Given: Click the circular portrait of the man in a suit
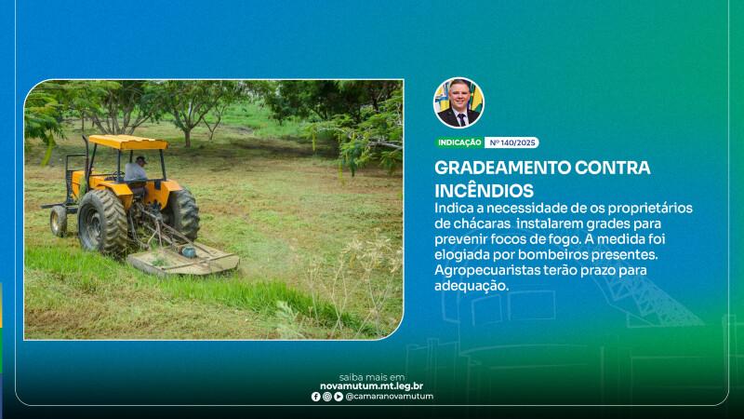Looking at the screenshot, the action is pos(458,102).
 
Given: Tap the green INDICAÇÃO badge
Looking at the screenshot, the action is pos(459,142).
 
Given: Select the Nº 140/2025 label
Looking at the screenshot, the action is pos(512,142).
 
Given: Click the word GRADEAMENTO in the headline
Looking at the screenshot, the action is pos(502,168).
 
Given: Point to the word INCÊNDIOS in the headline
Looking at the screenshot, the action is pos(484,191).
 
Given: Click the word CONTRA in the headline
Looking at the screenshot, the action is pos(613,168).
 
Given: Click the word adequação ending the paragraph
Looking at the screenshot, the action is pos(472,286).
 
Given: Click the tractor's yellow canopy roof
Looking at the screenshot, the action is pos(127,142).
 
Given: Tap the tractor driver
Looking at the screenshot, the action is pos(136,169).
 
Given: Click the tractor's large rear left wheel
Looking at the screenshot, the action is pos(102,221).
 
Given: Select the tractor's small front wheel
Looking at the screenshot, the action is pos(59,221).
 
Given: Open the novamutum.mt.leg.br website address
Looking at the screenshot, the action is pos(371,386).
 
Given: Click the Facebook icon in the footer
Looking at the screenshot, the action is pos(316,397).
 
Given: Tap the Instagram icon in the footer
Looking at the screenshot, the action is pos(327,397).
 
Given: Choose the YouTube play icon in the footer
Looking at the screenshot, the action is pos(339,397).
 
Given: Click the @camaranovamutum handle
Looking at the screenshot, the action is pos(389,397).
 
